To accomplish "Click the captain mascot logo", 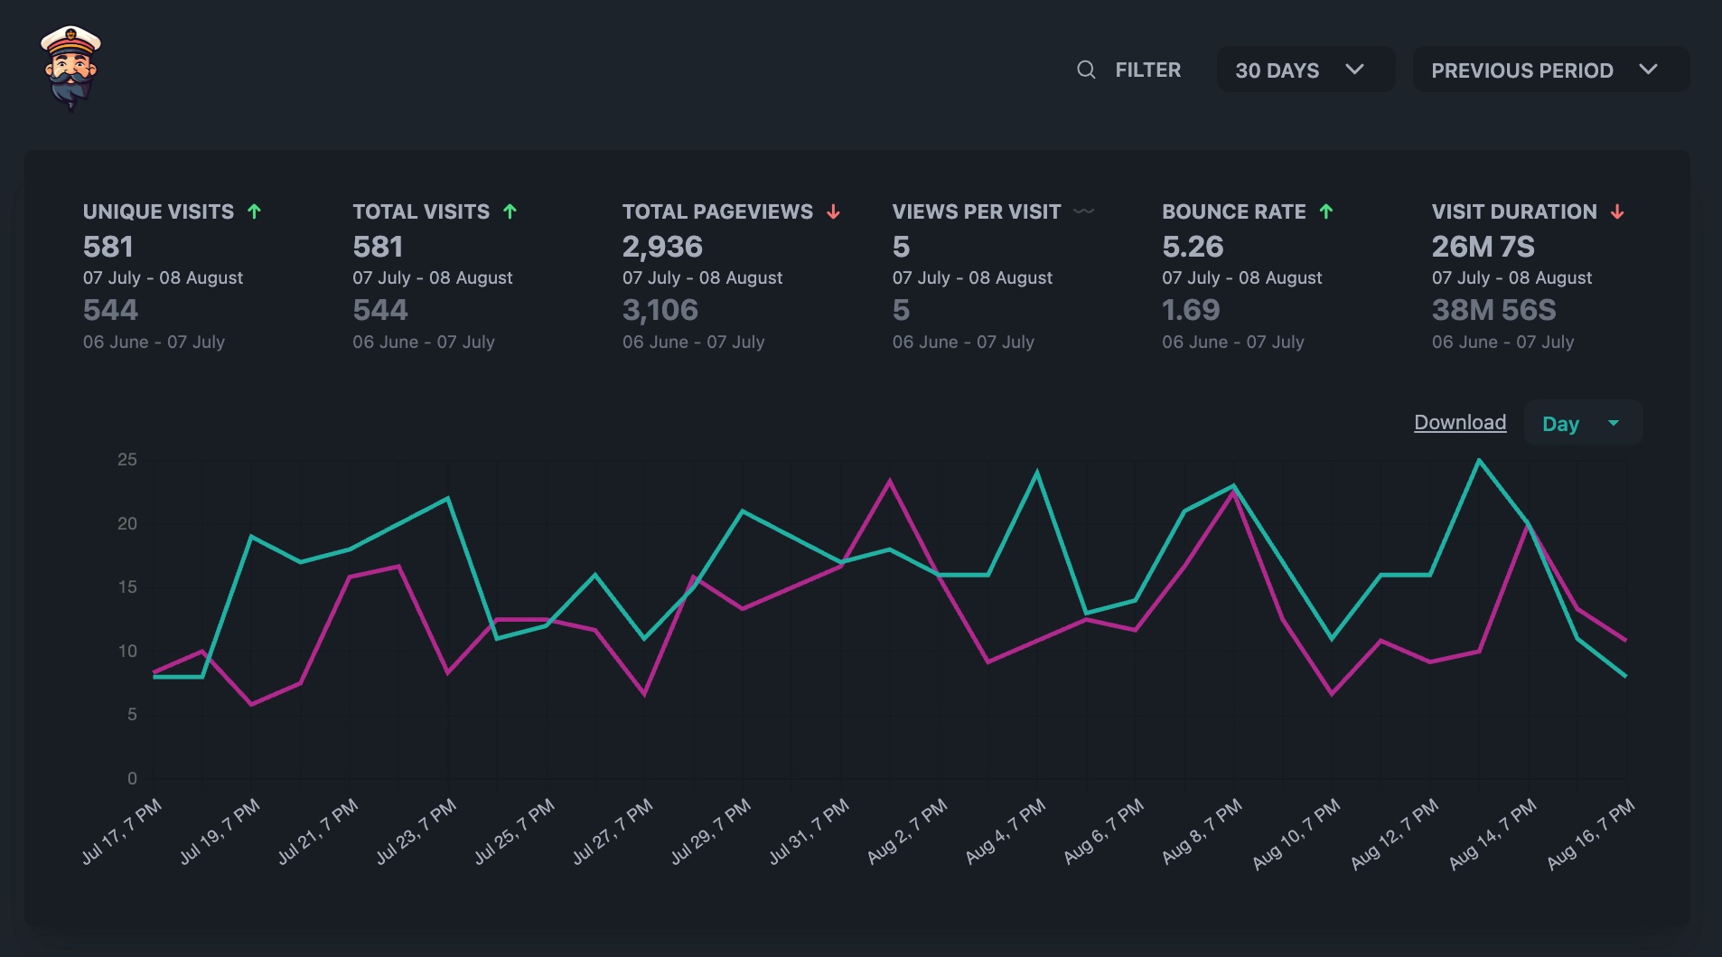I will pyautogui.click(x=70, y=68).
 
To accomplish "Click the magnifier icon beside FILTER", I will pyautogui.click(x=1086, y=70).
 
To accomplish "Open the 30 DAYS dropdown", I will pyautogui.click(x=1304, y=70).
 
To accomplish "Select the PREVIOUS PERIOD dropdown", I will pyautogui.click(x=1549, y=70).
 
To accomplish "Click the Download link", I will pyautogui.click(x=1460, y=423).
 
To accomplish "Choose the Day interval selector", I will pyautogui.click(x=1582, y=423).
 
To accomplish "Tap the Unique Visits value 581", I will pyautogui.click(x=108, y=247).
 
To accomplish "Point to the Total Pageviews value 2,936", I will pyautogui.click(x=662, y=247).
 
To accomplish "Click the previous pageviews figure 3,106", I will pyautogui.click(x=660, y=310).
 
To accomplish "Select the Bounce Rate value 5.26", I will pyautogui.click(x=1193, y=247).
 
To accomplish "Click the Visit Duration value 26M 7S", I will pyautogui.click(x=1483, y=247).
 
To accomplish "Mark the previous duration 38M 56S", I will pyautogui.click(x=1494, y=310).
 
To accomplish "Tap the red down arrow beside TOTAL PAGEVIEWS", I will pyautogui.click(x=833, y=211).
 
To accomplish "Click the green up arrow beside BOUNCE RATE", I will pyautogui.click(x=1326, y=211).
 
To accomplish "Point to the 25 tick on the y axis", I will pyautogui.click(x=127, y=460).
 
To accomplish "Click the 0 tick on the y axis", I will pyautogui.click(x=132, y=778).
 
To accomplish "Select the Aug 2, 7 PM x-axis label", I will pyautogui.click(x=906, y=831).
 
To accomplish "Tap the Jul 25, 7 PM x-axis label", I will pyautogui.click(x=514, y=831).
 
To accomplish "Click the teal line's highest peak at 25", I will pyautogui.click(x=1479, y=461).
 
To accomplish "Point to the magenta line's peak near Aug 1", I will pyautogui.click(x=890, y=481).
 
